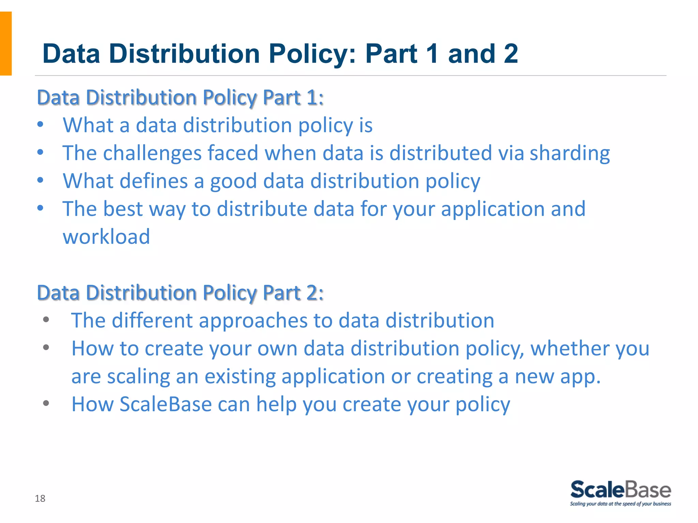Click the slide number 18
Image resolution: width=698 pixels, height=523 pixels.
click(40, 498)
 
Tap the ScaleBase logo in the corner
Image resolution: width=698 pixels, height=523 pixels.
click(621, 490)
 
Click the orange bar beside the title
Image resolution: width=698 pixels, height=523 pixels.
click(6, 43)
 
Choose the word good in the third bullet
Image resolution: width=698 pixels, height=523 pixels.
click(233, 181)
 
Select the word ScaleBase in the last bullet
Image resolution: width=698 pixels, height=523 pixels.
click(166, 404)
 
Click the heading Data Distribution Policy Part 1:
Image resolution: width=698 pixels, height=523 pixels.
click(180, 98)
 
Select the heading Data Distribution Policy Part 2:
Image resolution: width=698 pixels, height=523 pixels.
click(180, 293)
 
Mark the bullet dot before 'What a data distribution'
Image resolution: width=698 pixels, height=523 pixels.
click(40, 124)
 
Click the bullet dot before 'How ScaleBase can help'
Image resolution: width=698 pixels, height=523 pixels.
click(46, 403)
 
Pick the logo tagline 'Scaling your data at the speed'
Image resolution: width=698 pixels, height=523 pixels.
click(620, 504)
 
